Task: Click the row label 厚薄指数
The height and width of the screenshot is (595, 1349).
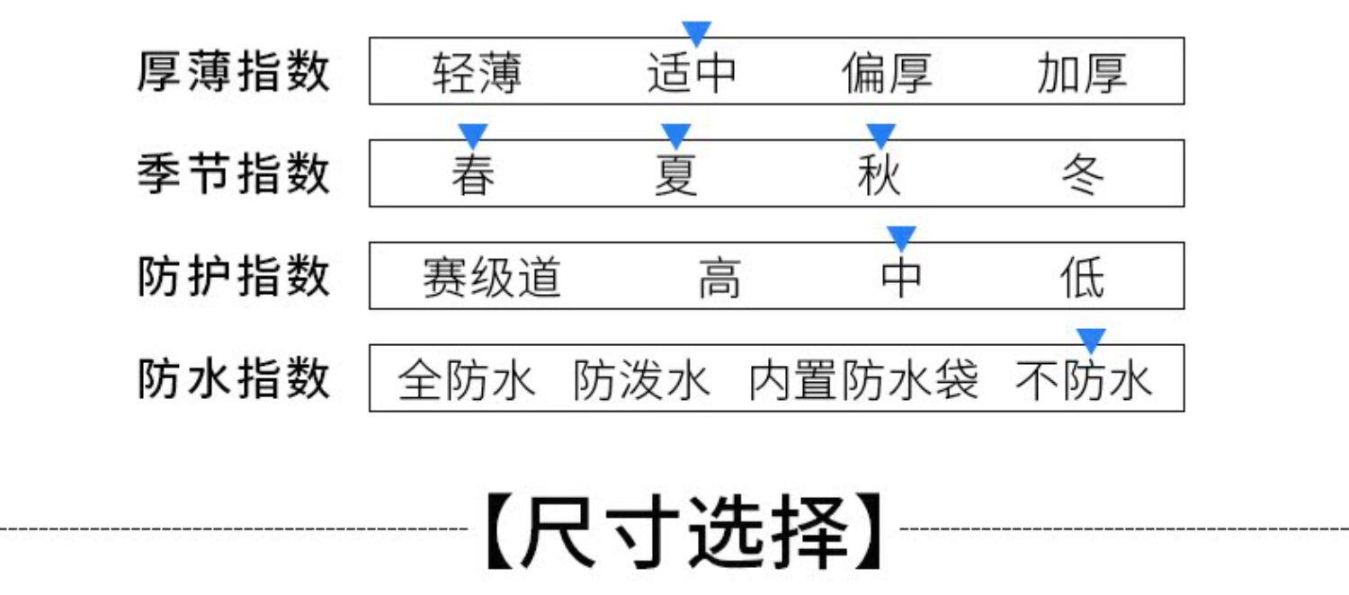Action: (x=234, y=72)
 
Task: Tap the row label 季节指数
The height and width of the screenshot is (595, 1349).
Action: (x=234, y=173)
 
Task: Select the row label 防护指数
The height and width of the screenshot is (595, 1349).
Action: (x=234, y=276)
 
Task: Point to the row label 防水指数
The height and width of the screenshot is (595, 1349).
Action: (x=234, y=378)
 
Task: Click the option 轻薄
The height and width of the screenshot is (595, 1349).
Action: (x=477, y=74)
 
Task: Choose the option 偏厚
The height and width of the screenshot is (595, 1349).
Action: (x=887, y=74)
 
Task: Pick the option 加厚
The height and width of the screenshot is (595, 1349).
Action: (x=1081, y=74)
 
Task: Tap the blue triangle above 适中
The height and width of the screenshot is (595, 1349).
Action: (x=696, y=33)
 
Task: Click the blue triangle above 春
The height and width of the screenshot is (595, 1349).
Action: (x=472, y=136)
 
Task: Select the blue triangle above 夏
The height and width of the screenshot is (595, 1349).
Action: (x=675, y=136)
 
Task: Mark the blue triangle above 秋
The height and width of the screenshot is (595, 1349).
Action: (x=880, y=136)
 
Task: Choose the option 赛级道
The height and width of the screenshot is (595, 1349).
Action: (x=492, y=278)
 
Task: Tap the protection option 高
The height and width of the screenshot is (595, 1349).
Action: (x=719, y=278)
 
